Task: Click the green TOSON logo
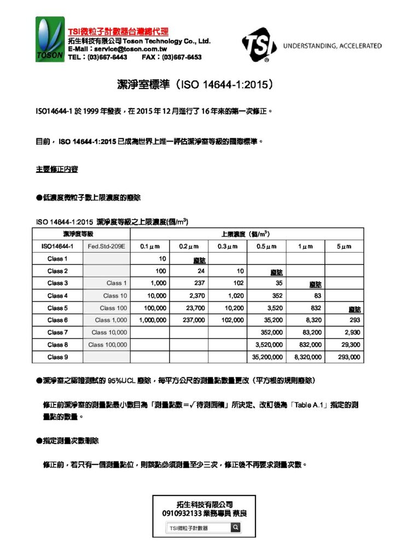pos(50,39)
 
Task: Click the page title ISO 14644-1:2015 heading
pos(195,85)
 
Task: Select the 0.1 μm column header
pos(149,247)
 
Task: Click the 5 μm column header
pos(344,247)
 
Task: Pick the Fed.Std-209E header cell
pos(107,247)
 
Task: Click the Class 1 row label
pos(57,259)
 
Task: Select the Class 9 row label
pos(57,357)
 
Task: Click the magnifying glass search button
pos(235,528)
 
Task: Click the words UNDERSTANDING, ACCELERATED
pos(332,46)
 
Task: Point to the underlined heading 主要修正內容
pos(57,170)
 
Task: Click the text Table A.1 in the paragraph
pos(310,405)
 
